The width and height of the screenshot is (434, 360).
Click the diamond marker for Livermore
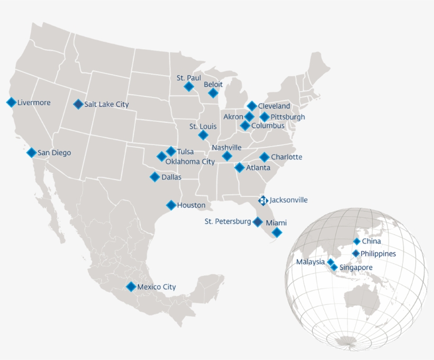[x=11, y=103]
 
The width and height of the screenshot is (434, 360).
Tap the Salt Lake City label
[x=106, y=104]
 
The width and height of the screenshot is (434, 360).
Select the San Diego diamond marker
[x=32, y=152]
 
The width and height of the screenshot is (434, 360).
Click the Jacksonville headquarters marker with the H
[x=263, y=201]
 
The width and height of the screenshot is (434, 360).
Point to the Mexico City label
[x=156, y=287]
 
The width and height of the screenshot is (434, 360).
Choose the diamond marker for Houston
[x=171, y=205]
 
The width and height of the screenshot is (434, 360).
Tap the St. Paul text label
[x=189, y=78]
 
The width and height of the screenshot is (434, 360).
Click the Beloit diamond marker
[x=213, y=93]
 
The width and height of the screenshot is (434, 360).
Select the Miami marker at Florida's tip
[x=277, y=232]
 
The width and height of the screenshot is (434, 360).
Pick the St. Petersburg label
[x=228, y=221]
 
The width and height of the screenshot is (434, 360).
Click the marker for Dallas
[x=155, y=177]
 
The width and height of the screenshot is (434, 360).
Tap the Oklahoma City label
[x=190, y=161]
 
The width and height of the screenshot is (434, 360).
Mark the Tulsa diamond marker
[x=170, y=151]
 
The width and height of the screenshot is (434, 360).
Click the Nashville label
[x=227, y=147]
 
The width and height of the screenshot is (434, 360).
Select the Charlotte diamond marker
[x=264, y=157]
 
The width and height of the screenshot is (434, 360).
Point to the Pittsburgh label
[x=287, y=117]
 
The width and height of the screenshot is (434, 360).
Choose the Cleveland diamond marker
[x=252, y=106]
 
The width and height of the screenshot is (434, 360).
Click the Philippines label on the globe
[x=378, y=254]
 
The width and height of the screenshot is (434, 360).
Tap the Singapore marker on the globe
[x=334, y=267]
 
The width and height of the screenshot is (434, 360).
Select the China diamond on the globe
[x=357, y=241]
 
